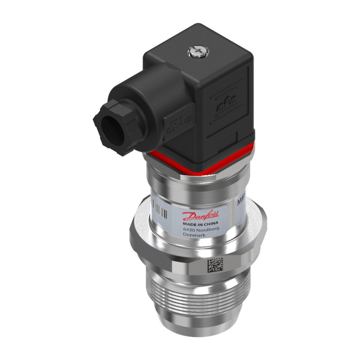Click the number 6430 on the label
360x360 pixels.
click(189, 230)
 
